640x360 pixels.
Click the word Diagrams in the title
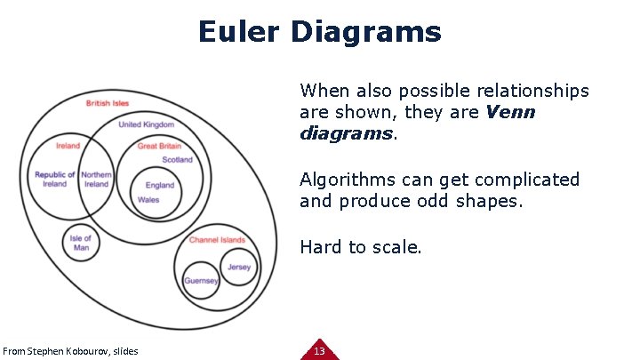tap(364, 32)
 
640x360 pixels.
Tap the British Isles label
tap(108, 103)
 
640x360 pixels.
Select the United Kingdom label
tap(146, 124)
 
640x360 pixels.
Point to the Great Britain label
tap(159, 146)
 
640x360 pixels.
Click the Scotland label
tap(177, 160)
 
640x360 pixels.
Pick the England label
tap(160, 185)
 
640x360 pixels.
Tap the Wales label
tap(148, 200)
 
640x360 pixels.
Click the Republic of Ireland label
tap(55, 180)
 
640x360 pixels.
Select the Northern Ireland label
tap(96, 180)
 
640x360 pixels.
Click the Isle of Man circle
tap(81, 243)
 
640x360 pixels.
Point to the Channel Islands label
tap(217, 240)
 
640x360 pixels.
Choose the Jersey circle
tap(239, 267)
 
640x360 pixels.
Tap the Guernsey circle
tap(202, 281)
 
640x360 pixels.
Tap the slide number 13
tap(320, 351)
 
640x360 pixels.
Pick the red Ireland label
tap(68, 146)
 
